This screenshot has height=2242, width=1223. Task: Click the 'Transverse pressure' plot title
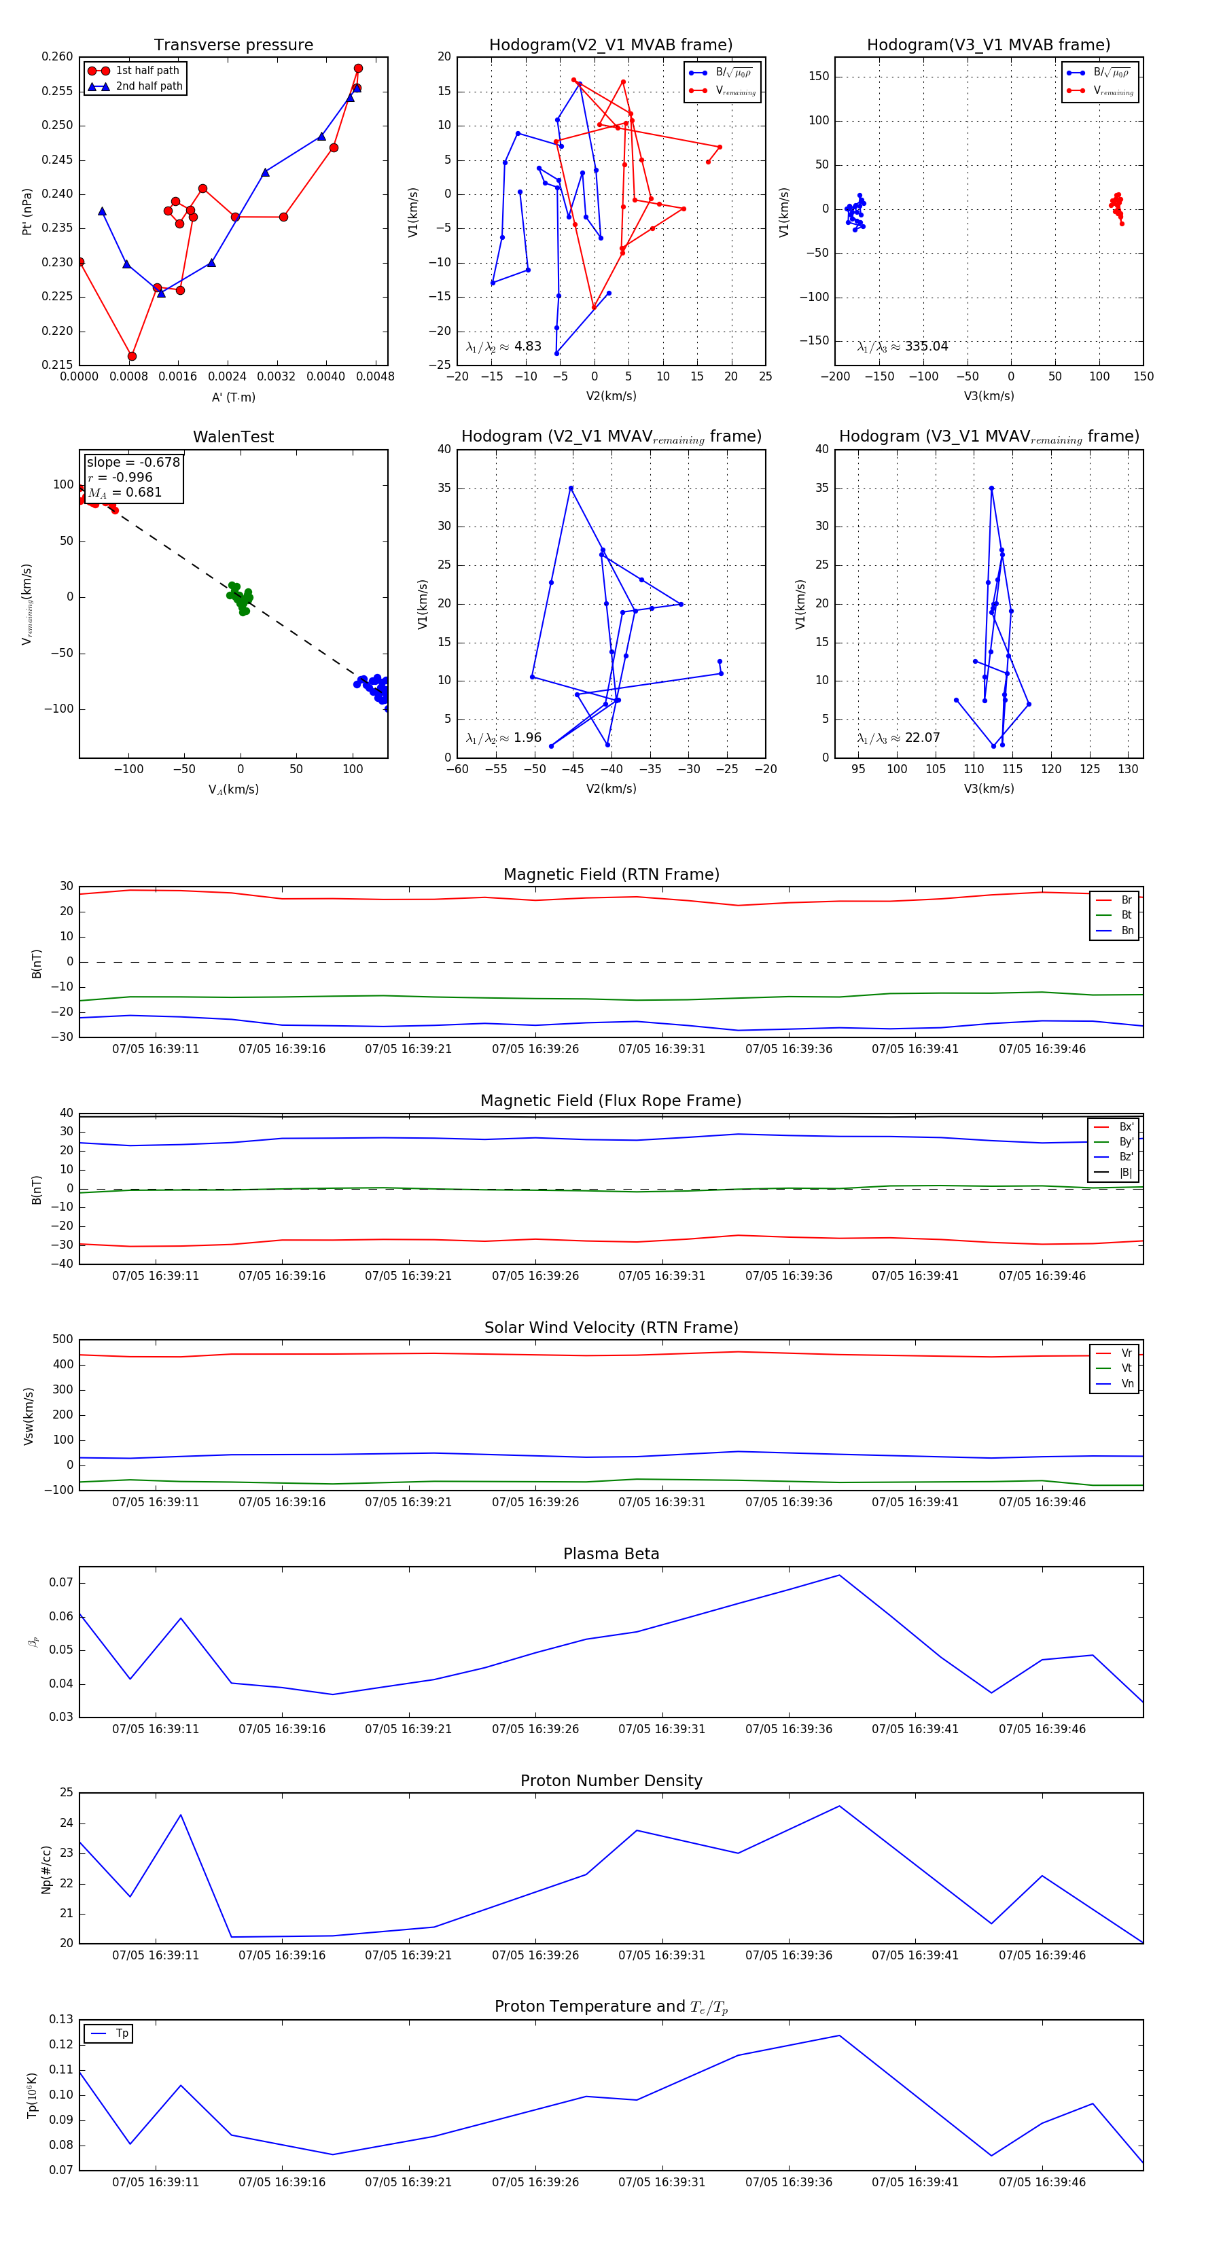pyautogui.click(x=233, y=46)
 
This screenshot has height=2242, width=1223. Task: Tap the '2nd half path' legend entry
pyautogui.click(x=149, y=86)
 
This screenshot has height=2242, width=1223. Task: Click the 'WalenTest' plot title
pyautogui.click(x=233, y=437)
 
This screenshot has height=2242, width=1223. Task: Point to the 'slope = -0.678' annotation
pyautogui.click(x=133, y=462)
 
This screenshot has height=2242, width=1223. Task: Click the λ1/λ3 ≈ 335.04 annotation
pyautogui.click(x=902, y=346)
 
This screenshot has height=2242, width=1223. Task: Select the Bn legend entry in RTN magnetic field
pyautogui.click(x=1127, y=930)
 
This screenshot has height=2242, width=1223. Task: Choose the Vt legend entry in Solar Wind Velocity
pyautogui.click(x=1127, y=1368)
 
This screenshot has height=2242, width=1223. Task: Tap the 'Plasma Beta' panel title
pyautogui.click(x=611, y=1554)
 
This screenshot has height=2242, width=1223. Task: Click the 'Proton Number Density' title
pyautogui.click(x=611, y=1781)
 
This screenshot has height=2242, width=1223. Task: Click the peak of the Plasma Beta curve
pyautogui.click(x=839, y=1576)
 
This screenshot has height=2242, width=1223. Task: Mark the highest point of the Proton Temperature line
pyautogui.click(x=839, y=2035)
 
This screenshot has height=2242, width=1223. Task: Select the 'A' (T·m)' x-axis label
pyautogui.click(x=233, y=397)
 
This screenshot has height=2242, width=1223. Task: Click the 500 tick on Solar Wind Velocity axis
pyautogui.click(x=63, y=1340)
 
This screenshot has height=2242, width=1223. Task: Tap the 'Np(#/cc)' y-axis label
pyautogui.click(x=46, y=1870)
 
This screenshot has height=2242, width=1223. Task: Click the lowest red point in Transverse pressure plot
pyautogui.click(x=132, y=356)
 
